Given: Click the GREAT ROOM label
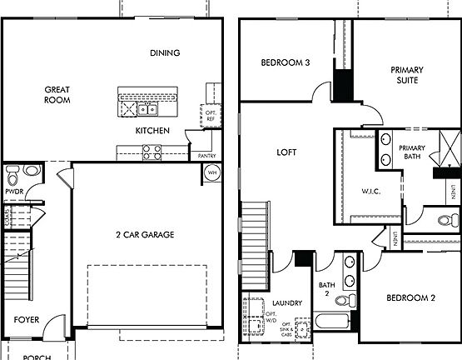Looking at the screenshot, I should click(x=57, y=93).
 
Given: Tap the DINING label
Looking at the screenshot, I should click(x=165, y=53).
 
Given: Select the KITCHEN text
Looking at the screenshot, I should click(x=152, y=131).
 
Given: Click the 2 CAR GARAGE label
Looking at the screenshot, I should click(x=145, y=235).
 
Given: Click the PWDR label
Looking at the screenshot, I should click(x=14, y=190).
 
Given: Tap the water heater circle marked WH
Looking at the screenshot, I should click(x=211, y=173).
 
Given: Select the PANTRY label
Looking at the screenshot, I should click(x=206, y=156).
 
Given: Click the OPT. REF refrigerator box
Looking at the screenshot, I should click(x=211, y=116).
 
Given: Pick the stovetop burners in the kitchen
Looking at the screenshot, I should click(x=153, y=152).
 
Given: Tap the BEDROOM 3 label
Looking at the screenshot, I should click(x=286, y=62).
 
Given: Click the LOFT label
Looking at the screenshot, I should click(x=286, y=152).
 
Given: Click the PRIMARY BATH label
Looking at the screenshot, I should click(x=411, y=152).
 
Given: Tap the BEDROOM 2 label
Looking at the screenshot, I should click(x=410, y=297).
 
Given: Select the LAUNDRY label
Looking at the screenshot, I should click(x=286, y=303).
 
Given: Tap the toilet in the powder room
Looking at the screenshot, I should click(x=31, y=171).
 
